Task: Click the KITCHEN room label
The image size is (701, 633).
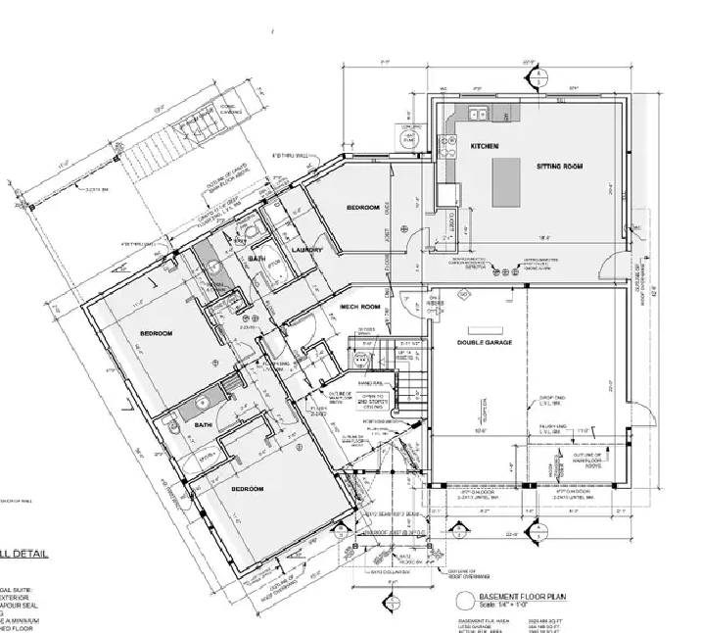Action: [x=485, y=145]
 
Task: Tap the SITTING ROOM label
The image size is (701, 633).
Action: [x=559, y=168]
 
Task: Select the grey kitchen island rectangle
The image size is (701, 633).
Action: [x=505, y=181]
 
